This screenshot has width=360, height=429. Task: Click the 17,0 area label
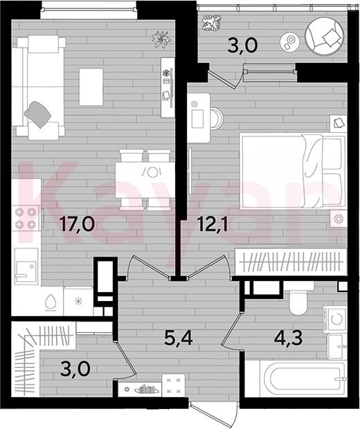(x=78, y=223)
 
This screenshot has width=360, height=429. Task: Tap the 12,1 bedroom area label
(x=212, y=223)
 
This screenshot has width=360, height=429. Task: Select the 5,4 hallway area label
(x=179, y=338)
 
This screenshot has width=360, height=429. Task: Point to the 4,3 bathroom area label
(x=288, y=338)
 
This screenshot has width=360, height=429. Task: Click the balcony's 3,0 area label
(x=242, y=45)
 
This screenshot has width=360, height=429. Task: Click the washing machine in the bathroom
(x=334, y=319)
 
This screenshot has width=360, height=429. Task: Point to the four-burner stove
(x=26, y=218)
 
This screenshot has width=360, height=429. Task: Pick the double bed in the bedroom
(x=292, y=172)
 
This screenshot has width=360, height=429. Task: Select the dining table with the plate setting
(x=145, y=180)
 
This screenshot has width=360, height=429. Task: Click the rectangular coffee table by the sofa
(x=91, y=86)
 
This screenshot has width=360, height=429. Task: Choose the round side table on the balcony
(x=290, y=42)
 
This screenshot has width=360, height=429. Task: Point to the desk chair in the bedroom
(x=217, y=118)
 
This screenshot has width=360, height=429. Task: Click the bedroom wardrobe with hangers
(x=291, y=262)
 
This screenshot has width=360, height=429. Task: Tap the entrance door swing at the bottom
(x=213, y=413)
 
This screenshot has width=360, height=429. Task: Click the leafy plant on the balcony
(x=211, y=23)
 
